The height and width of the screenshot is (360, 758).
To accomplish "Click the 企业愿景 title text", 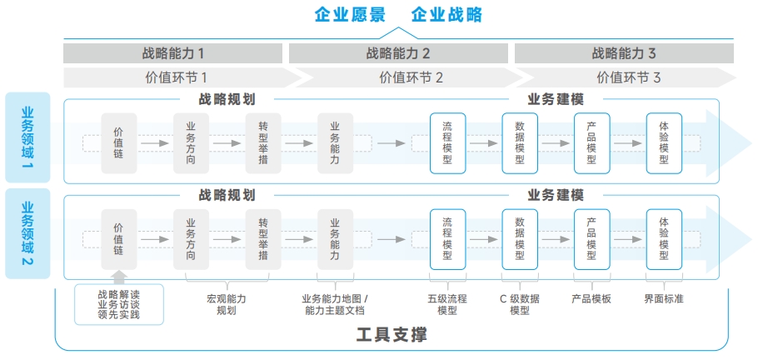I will pos(350,14).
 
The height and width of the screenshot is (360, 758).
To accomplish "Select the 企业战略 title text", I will pos(446,14).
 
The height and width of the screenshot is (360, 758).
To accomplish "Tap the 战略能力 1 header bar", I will pos(173,53).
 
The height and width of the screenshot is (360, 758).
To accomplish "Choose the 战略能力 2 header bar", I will pos(398,53).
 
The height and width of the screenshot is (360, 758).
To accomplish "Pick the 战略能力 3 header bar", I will pos(624,53).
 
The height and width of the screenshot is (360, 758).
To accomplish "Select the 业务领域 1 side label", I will pos(27,137).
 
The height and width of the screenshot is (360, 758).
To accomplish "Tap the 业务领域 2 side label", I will pos(27,233).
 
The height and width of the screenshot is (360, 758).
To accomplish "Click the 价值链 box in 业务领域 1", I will pos(119,143).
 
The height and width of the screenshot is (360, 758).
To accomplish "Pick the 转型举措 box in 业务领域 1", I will pos(263,143).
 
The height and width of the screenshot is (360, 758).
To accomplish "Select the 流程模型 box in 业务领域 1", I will pos(447,143).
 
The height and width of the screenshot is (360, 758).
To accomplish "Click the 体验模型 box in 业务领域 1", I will pos(664,143).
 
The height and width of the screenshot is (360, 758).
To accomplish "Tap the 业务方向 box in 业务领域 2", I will pos(191,239).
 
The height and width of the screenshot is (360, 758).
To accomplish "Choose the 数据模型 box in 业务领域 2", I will pos(520,239).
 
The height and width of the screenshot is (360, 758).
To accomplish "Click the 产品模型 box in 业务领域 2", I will pos(591,239).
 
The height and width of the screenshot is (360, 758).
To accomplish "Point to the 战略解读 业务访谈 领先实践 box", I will pos(119,304).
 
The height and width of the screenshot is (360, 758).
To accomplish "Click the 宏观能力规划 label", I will pos(227,304).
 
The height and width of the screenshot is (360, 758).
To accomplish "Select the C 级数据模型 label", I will pos(520,304).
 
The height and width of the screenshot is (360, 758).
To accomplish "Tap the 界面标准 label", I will pos(664,298).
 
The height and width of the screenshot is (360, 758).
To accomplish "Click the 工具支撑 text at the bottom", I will pos(391,335).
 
